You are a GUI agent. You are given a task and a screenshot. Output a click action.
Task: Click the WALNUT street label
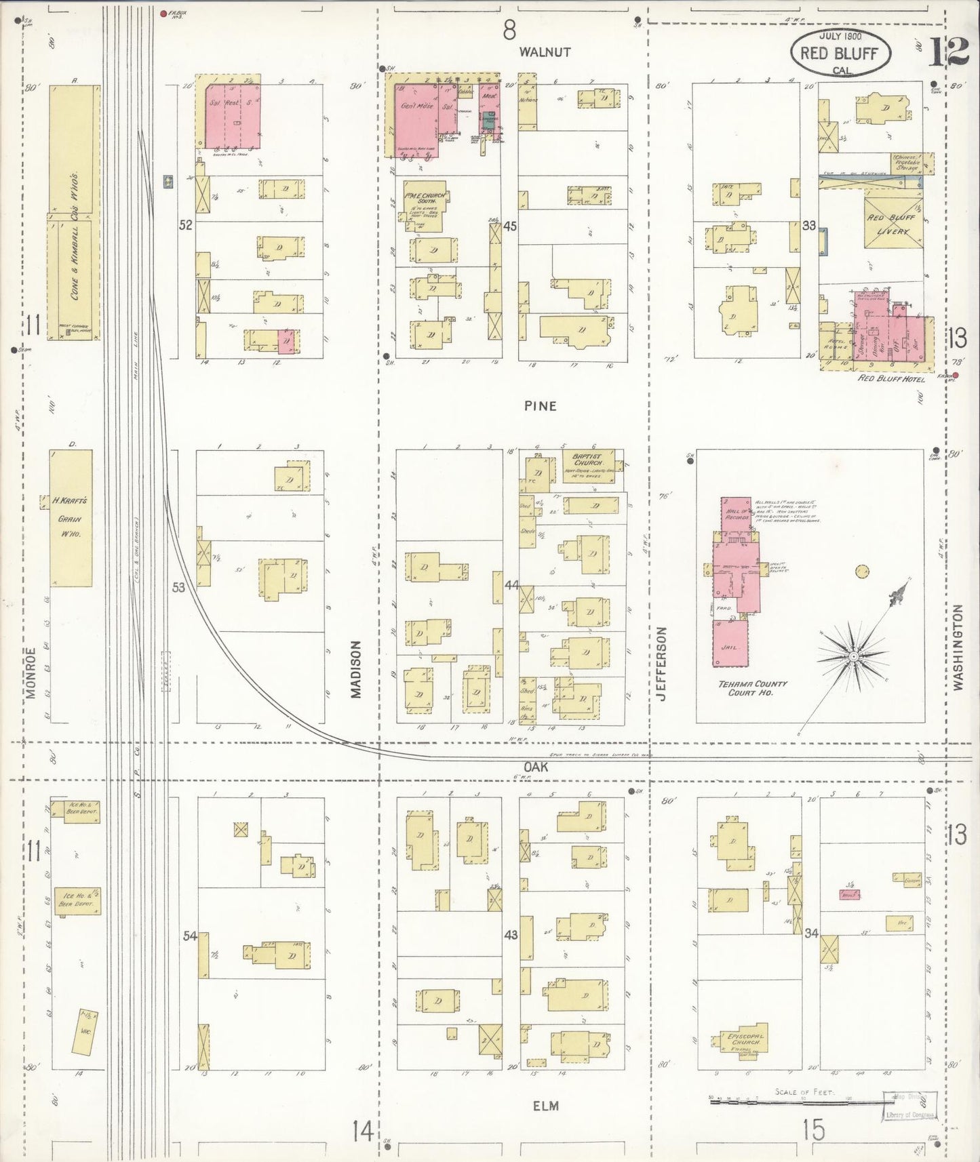pyautogui.click(x=545, y=52)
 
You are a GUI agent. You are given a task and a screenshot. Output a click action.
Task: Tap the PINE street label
pyautogui.click(x=540, y=406)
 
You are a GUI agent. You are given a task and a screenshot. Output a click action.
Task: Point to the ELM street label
pyautogui.click(x=545, y=1106)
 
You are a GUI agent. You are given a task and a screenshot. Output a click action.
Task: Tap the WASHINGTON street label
pyautogui.click(x=957, y=647)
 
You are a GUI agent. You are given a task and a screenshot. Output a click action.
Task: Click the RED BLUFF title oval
pyautogui.click(x=840, y=53)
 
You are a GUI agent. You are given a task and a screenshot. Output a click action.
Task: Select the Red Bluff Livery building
pyautogui.click(x=893, y=223)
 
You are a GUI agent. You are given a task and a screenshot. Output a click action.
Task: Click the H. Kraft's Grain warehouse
pyautogui.click(x=71, y=519)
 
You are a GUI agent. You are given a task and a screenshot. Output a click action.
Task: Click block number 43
pyautogui.click(x=511, y=935)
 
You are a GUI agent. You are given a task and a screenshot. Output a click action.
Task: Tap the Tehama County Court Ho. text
pyautogui.click(x=743, y=688)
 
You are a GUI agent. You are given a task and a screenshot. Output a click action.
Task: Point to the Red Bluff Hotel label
pyautogui.click(x=891, y=378)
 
